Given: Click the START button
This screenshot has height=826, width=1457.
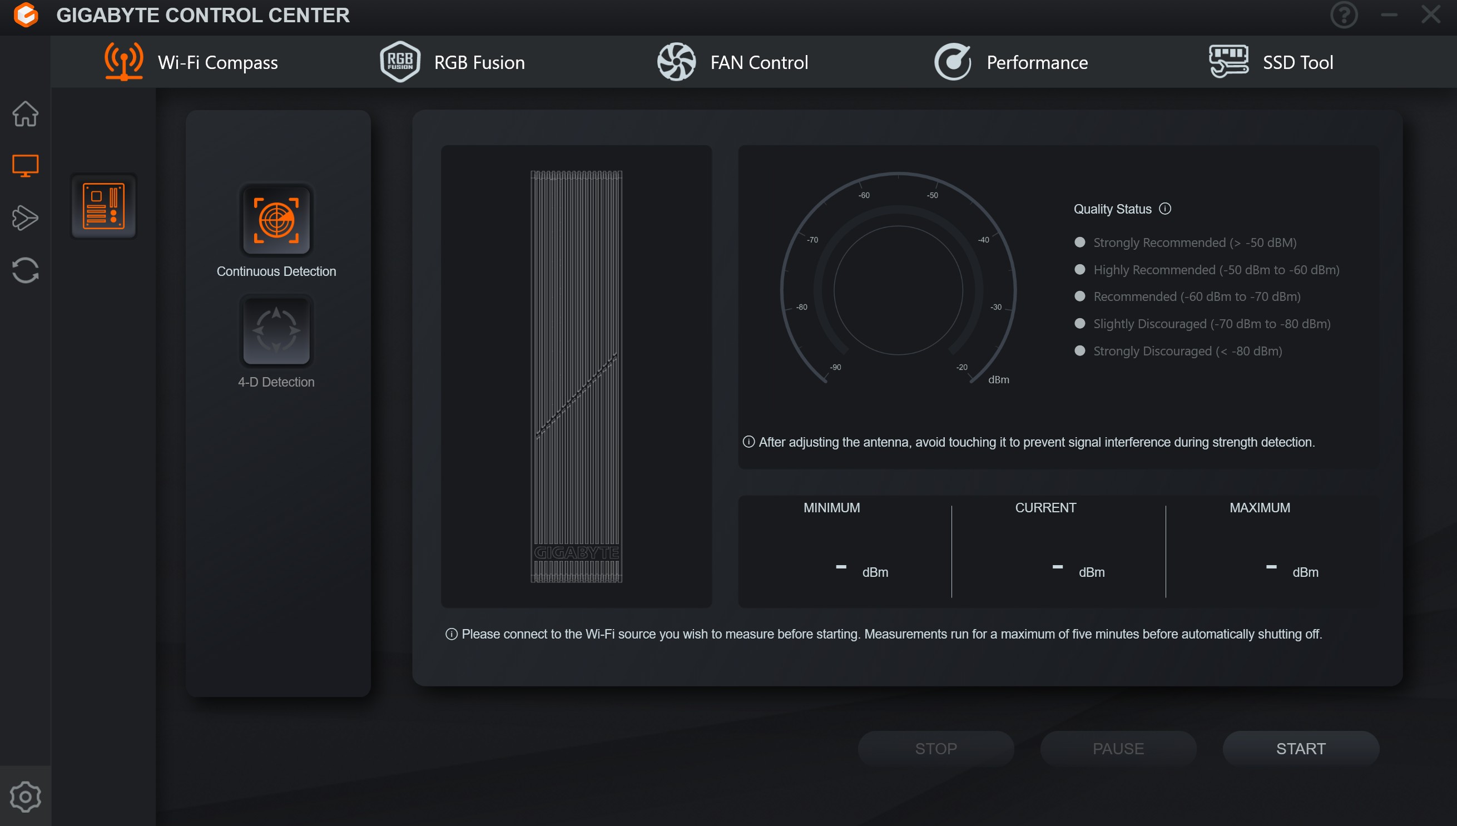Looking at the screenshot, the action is tap(1301, 748).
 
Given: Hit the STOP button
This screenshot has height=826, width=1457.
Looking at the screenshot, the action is tap(936, 748).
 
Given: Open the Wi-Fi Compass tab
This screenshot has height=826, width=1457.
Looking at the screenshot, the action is tap(191, 62).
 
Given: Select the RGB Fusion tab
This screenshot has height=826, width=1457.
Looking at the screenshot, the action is tap(452, 62).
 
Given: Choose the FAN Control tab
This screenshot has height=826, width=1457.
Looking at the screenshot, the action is tap(732, 62).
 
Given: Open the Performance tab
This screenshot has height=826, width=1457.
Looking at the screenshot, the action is tap(1010, 62).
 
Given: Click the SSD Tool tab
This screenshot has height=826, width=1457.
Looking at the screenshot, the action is tap(1271, 62).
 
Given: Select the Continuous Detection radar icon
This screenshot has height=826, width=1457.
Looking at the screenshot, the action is tap(276, 220).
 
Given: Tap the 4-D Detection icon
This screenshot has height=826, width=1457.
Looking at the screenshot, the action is tap(276, 330).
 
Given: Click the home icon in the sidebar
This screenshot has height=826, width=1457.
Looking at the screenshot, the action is tap(26, 113).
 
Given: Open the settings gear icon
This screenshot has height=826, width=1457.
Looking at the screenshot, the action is tap(26, 797).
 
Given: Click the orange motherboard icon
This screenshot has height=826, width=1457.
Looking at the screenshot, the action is tap(103, 205).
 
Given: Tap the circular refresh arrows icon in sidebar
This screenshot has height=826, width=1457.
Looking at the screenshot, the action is tap(26, 270).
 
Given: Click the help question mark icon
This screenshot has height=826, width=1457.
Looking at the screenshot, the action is tap(1344, 15).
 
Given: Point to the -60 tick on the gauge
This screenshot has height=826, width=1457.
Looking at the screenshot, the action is tap(861, 185).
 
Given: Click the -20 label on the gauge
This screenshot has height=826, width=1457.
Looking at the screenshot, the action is tap(962, 367).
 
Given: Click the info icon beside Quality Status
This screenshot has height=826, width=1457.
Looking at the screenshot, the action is tap(1165, 209).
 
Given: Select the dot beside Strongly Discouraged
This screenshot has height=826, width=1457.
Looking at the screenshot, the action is tap(1080, 350).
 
